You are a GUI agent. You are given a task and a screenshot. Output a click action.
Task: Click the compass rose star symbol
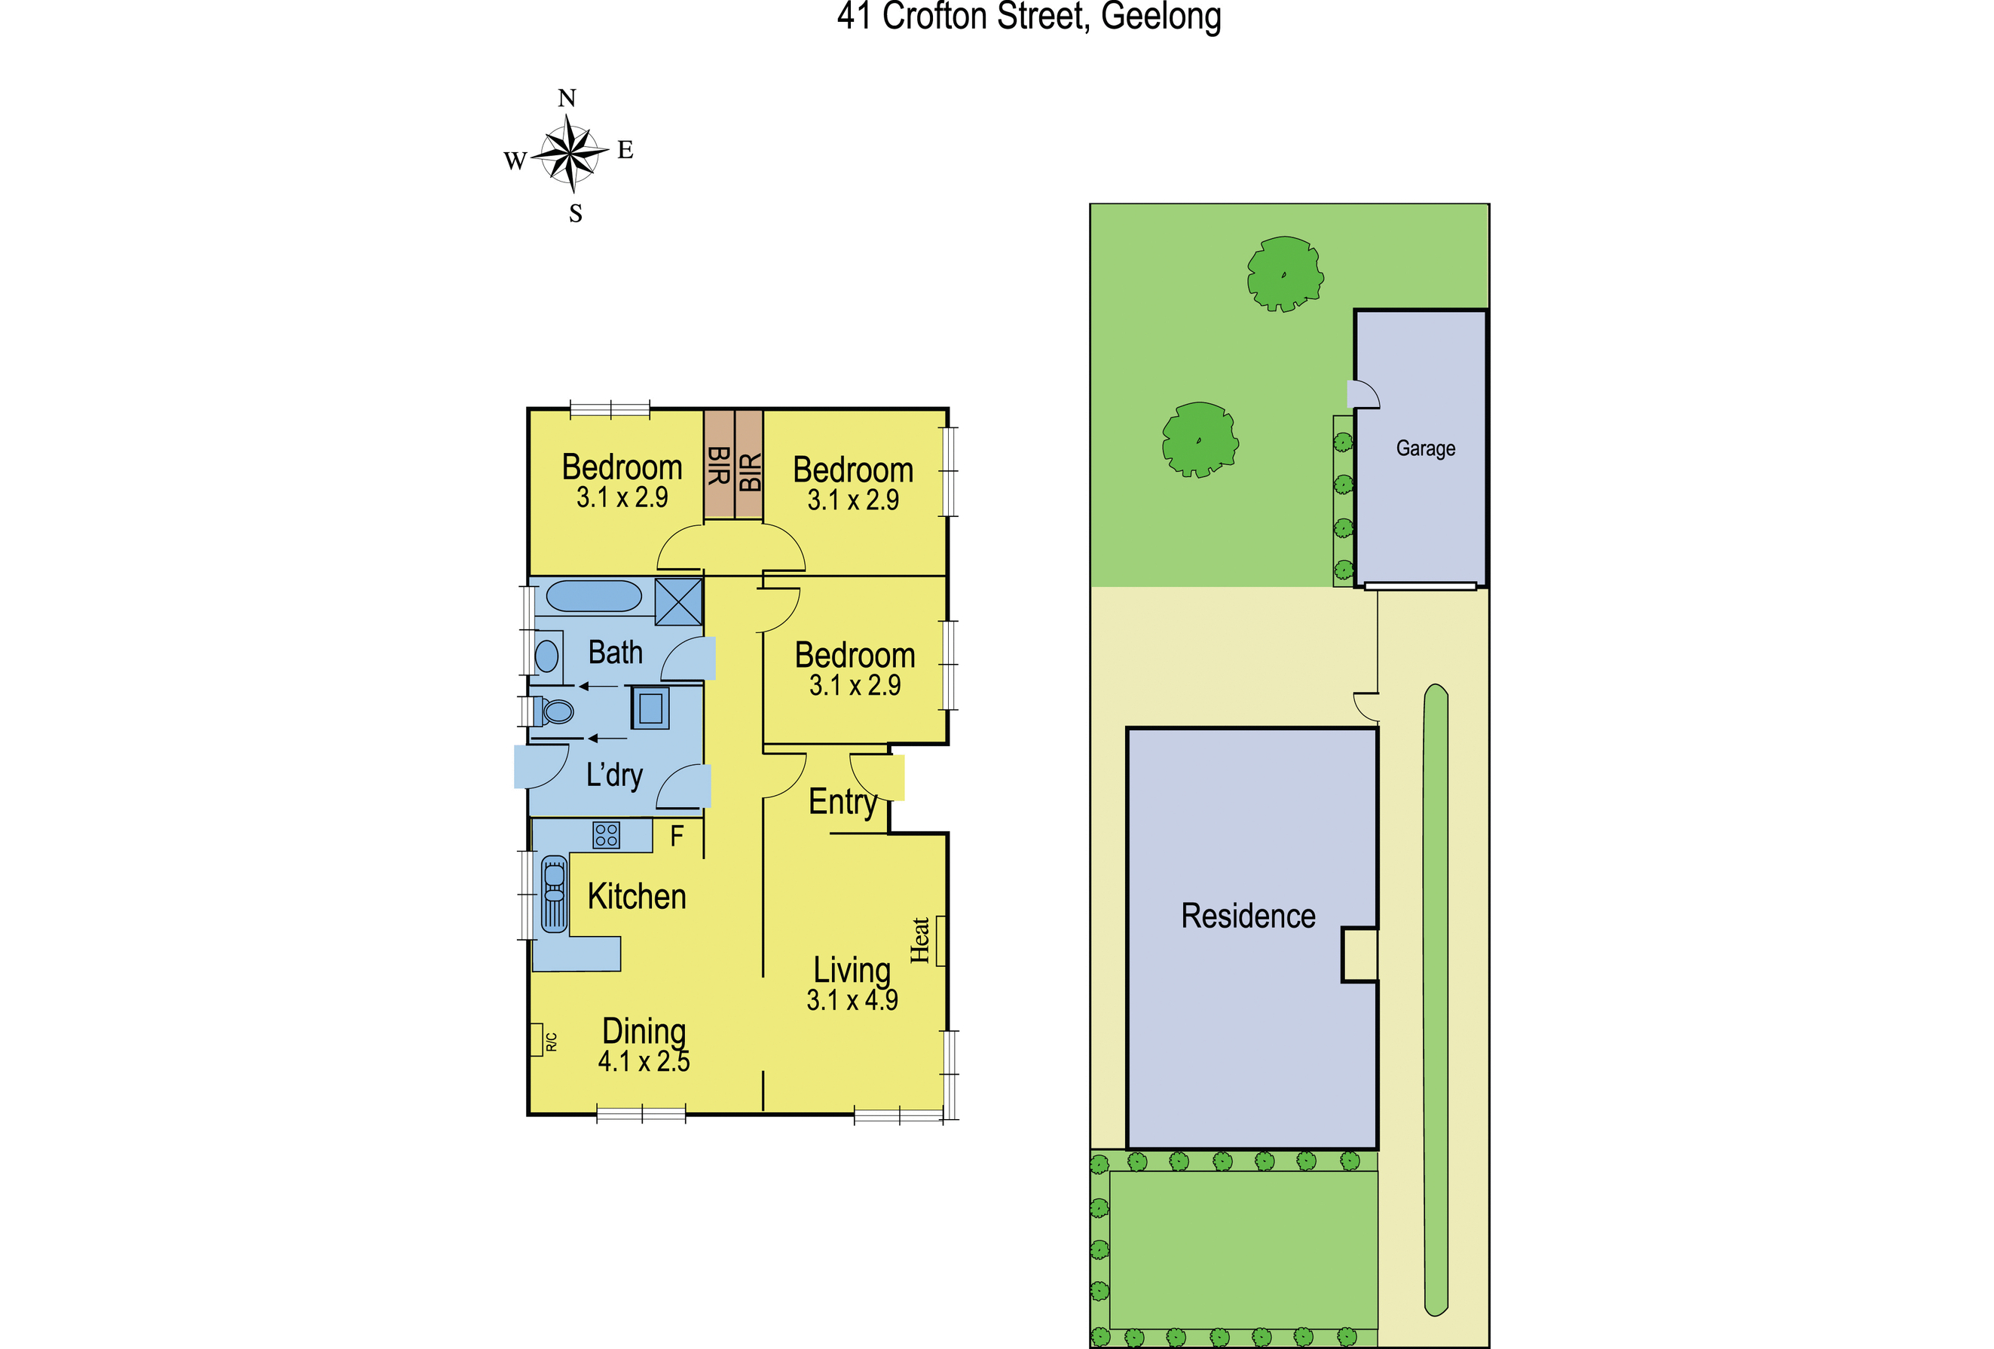pos(570,155)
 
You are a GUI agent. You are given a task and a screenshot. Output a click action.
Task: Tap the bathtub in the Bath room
pos(594,596)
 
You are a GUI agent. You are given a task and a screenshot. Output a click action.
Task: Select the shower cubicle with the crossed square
pos(679,601)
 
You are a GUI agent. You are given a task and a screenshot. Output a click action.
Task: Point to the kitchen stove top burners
pos(607,835)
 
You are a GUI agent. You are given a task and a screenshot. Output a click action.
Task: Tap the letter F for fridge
pos(677,836)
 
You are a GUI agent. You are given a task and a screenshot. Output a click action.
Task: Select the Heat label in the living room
pos(920,941)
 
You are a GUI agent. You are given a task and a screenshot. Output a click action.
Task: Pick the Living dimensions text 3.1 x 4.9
pos(852,1001)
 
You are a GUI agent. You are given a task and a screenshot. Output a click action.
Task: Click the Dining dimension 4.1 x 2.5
pos(644,1062)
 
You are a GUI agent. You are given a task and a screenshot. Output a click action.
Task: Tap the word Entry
pos(843,803)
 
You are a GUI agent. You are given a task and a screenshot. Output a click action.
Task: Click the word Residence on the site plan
pos(1247,916)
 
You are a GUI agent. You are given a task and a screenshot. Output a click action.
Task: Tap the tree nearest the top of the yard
pos(1284,274)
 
